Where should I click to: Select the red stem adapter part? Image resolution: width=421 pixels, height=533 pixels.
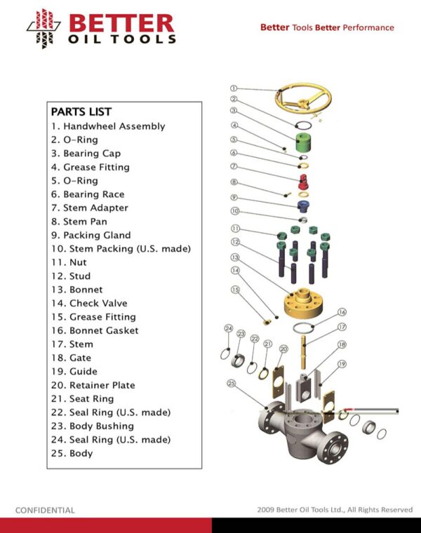tap(302, 182)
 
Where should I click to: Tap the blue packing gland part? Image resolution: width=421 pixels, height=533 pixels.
tap(303, 206)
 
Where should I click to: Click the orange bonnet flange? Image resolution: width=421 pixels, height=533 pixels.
tap(303, 303)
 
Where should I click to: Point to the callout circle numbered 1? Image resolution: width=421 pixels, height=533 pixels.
tap(234, 88)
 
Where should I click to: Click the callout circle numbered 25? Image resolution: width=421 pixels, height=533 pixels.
tap(232, 384)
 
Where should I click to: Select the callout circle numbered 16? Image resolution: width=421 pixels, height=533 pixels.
tap(342, 312)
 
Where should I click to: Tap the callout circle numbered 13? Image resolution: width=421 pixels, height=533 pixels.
tap(235, 257)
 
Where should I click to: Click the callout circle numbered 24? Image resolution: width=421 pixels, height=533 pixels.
tap(229, 328)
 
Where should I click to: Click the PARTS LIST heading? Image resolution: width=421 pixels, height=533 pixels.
tap(81, 112)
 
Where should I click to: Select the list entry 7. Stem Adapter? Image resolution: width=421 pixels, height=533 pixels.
tap(90, 208)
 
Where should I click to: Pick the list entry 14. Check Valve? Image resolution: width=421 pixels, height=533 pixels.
tap(89, 303)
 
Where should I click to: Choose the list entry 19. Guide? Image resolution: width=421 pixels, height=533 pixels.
tap(74, 371)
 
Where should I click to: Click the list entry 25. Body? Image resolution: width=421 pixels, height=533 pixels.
tap(72, 454)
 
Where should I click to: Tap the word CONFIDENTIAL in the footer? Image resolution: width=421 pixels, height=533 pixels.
tap(45, 511)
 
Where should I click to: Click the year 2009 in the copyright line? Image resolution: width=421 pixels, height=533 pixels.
tap(266, 510)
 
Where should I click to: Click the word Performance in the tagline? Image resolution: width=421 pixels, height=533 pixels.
tap(368, 27)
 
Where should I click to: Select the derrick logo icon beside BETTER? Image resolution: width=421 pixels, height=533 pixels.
tap(44, 29)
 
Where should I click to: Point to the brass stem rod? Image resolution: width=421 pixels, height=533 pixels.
tap(304, 352)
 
